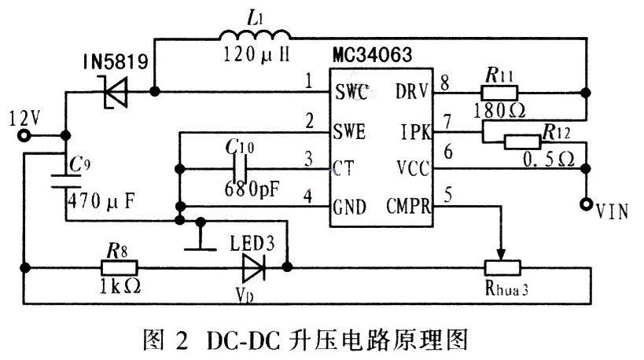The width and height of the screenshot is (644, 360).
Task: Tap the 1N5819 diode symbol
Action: pyautogui.click(x=115, y=93)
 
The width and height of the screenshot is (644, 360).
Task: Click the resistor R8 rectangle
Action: pyautogui.click(x=118, y=267)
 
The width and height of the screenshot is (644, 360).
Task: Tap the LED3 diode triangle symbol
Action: pyautogui.click(x=253, y=267)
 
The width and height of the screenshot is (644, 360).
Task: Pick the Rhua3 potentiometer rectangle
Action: pyautogui.click(x=501, y=267)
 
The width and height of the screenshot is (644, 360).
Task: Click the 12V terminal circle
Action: pyautogui.click(x=24, y=135)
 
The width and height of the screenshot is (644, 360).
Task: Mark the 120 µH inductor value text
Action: pyautogui.click(x=253, y=58)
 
